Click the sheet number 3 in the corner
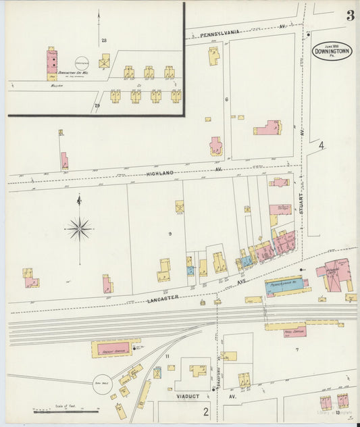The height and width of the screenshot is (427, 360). coord(351,16)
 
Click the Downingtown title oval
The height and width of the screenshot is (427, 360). coord(332,51)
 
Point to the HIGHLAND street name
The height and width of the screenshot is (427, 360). coord(160,174)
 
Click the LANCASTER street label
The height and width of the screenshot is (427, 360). coord(163,297)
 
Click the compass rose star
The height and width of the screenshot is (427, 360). coord(79,230)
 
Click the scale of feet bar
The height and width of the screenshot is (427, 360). coord(66,410)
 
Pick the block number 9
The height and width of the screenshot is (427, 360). coord(170,234)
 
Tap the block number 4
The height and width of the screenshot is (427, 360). coord(322,145)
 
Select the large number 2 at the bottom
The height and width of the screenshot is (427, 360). coord(206,410)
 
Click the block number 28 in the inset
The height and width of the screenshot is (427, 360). coord(104,41)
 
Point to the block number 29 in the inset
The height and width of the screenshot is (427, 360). coord(97,105)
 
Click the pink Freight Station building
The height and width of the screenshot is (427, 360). coord(115,349)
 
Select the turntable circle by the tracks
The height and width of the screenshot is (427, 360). coord(103,383)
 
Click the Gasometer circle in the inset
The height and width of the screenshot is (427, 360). coord(82,61)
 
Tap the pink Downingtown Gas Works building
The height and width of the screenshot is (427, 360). coord(52,62)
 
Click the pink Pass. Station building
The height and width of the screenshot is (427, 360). coord(295,331)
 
